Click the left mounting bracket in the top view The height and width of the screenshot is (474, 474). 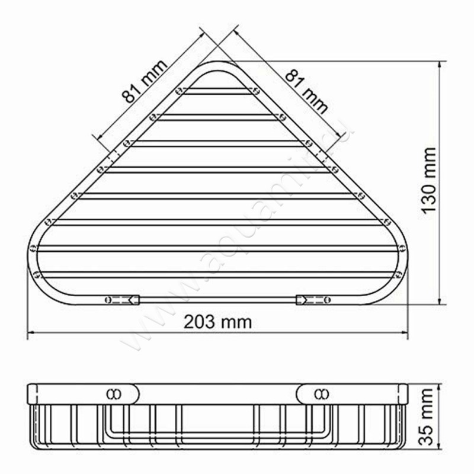123,299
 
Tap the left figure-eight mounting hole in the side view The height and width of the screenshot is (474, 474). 112,393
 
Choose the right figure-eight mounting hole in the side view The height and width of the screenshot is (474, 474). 321,393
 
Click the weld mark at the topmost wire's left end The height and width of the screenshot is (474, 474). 178,92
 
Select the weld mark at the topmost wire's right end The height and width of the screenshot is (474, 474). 256,91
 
